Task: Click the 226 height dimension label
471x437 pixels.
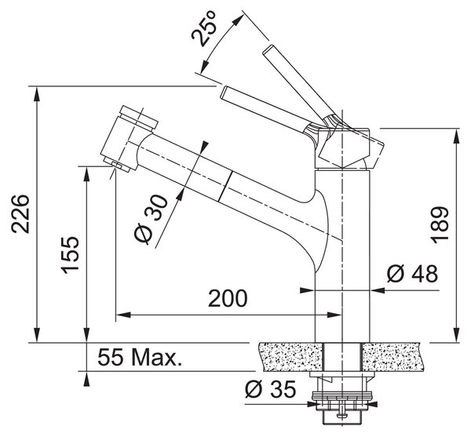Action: [20, 213]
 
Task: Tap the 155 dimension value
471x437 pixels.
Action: [70, 255]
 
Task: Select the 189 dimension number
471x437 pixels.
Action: [439, 224]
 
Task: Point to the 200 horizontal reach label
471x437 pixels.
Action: [228, 298]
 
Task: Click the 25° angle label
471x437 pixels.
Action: [204, 28]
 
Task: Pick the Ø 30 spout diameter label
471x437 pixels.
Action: [151, 219]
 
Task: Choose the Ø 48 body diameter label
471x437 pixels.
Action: [412, 273]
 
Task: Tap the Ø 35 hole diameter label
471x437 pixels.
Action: [270, 388]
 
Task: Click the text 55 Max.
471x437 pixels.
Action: [140, 357]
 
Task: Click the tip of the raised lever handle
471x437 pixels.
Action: [268, 49]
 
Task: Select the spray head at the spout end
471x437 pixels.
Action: [128, 138]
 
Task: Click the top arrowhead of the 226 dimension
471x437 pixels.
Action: [37, 94]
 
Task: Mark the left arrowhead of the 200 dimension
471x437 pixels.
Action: [123, 315]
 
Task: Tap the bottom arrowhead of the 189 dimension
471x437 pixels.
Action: [457, 334]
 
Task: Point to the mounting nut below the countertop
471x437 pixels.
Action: [343, 400]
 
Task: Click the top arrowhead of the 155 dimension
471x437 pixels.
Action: [87, 174]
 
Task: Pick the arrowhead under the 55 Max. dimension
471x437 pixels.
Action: [87, 379]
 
